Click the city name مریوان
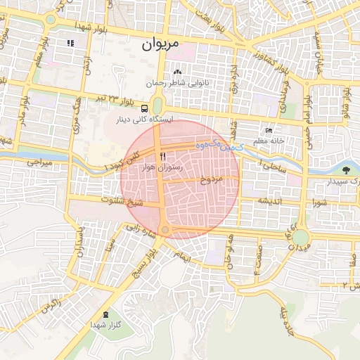[x=160, y=44]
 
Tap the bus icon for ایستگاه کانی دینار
[x=144, y=108]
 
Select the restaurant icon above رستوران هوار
[x=163, y=156]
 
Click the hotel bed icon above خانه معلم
[x=269, y=131]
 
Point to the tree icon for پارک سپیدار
[x=345, y=170]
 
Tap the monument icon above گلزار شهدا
[x=105, y=314]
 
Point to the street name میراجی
[x=40, y=162]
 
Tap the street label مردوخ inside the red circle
[x=211, y=179]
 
